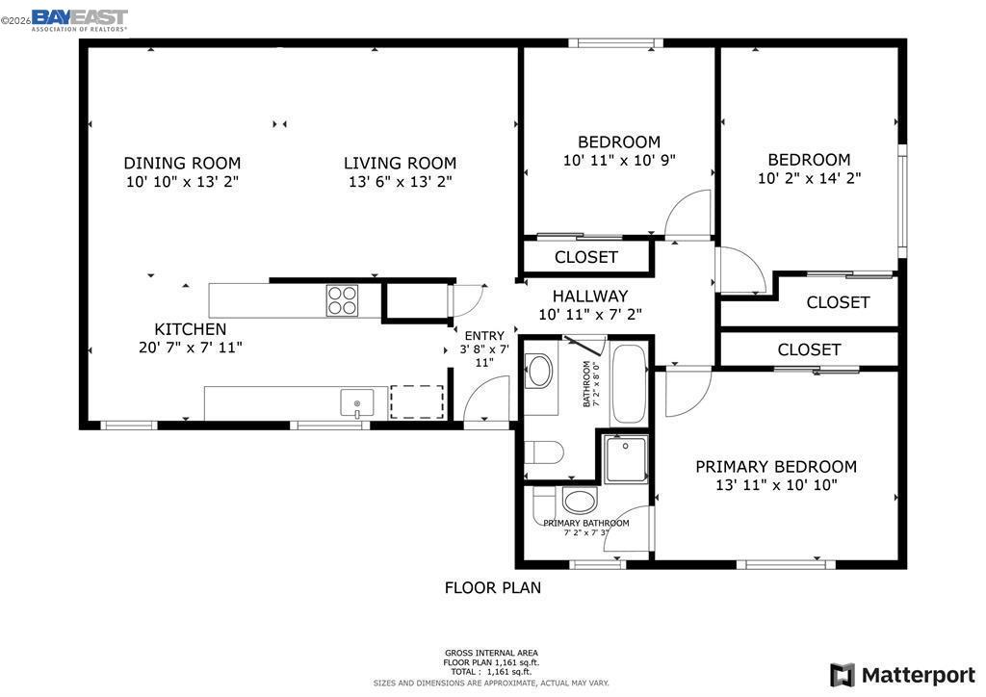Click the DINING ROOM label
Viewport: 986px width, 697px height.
point(182,163)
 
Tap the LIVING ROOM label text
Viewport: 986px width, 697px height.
point(400,163)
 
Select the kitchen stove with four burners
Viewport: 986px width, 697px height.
point(342,300)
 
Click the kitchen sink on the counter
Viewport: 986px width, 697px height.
point(356,402)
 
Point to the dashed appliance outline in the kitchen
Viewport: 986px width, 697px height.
point(417,401)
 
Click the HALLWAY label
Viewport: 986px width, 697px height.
point(589,296)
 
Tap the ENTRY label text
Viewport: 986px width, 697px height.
point(483,335)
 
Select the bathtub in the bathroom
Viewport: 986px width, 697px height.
point(630,383)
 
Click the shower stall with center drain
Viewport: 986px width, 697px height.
point(625,459)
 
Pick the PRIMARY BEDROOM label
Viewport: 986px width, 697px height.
point(775,466)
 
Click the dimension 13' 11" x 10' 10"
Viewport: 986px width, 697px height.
point(775,485)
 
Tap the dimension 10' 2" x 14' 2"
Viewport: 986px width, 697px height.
point(809,178)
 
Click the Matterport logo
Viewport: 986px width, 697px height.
point(902,674)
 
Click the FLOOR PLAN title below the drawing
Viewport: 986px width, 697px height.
point(492,587)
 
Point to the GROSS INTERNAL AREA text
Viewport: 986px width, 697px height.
point(491,653)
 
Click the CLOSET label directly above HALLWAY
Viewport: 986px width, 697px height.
point(585,257)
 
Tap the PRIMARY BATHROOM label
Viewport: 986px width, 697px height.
point(585,523)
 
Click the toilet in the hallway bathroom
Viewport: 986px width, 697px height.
point(543,452)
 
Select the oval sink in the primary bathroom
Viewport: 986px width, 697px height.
point(580,501)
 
